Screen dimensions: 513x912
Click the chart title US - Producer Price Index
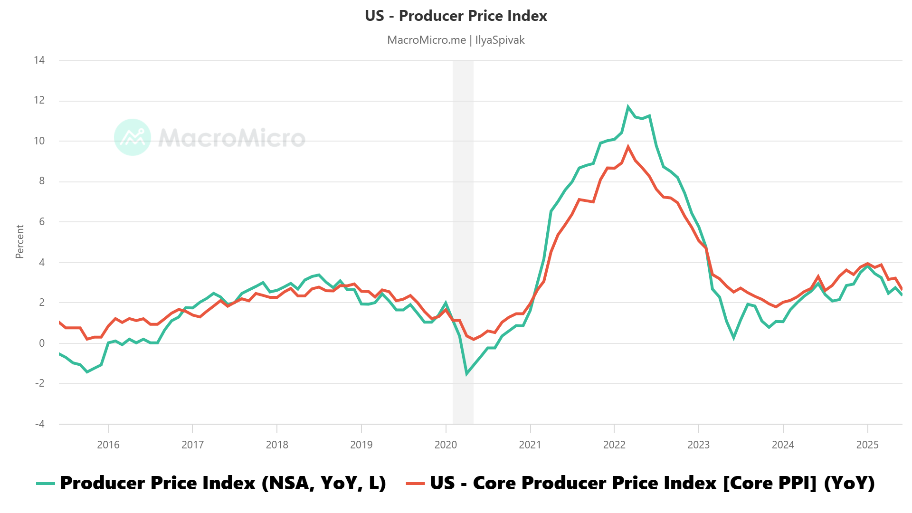coord(456,16)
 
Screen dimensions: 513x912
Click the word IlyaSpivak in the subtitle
coord(500,40)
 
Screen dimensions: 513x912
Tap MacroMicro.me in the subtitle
coord(426,40)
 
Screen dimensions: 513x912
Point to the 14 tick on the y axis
coord(39,60)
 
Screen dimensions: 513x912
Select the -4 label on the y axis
coord(39,424)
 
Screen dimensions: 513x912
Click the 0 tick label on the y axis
coord(42,343)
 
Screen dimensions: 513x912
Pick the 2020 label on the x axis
coord(446,445)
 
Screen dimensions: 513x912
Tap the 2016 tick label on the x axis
coord(108,445)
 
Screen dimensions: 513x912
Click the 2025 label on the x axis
coord(867,445)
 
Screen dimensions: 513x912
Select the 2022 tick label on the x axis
coord(614,445)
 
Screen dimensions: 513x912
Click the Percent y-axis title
coord(19,242)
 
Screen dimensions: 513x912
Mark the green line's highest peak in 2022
coord(628,106)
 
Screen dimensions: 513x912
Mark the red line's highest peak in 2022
coord(628,147)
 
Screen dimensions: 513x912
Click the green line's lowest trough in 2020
coord(466,374)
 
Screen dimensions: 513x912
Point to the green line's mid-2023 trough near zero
coord(734,338)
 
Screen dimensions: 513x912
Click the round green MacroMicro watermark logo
coord(133,137)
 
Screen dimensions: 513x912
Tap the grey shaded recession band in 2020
coord(463,237)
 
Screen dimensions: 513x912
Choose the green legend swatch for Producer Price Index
coord(46,484)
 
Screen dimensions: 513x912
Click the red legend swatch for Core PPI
coord(415,484)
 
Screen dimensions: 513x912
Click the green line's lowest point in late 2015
coord(87,371)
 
